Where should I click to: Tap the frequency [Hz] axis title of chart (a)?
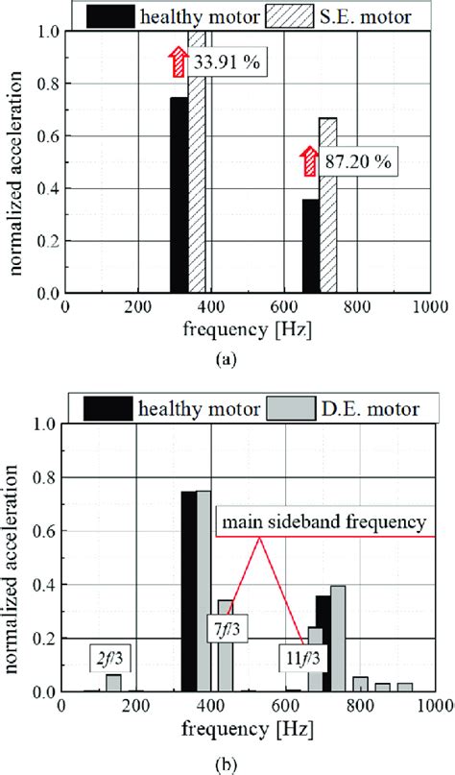246,330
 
